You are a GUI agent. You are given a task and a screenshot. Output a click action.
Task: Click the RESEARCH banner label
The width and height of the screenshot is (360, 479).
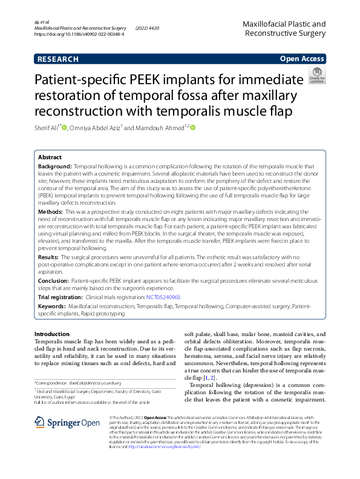click(x=58, y=59)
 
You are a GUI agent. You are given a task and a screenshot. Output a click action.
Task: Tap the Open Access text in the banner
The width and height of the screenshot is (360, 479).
click(x=301, y=59)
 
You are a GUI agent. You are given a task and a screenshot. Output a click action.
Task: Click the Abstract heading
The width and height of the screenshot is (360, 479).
click(x=50, y=156)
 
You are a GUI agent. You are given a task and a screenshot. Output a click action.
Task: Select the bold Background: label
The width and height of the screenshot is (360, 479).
click(x=55, y=165)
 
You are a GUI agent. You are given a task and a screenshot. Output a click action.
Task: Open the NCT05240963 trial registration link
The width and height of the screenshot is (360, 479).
click(x=163, y=297)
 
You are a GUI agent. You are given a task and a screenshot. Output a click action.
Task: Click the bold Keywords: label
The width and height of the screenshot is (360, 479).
click(x=53, y=307)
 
